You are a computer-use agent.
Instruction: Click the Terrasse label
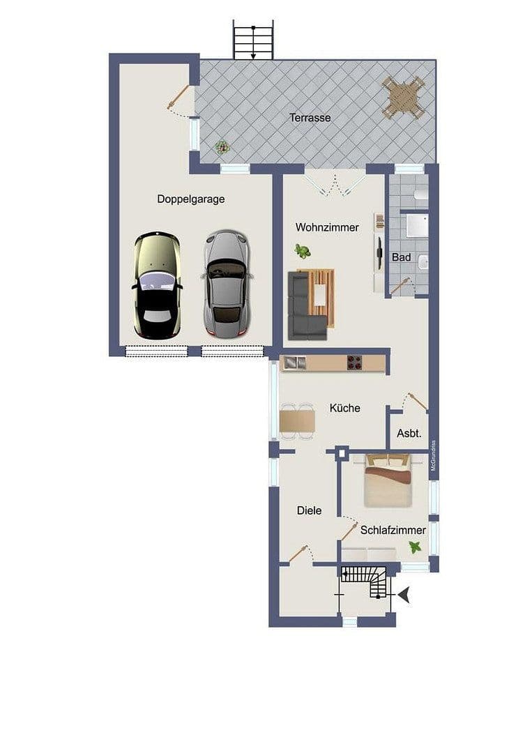coord(310,118)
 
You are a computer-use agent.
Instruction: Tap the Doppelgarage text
coord(190,199)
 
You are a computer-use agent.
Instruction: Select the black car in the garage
coord(157,286)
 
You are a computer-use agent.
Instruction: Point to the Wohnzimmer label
coord(327,227)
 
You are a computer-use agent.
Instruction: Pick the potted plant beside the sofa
coord(303,251)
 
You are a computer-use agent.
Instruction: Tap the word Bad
coord(401,257)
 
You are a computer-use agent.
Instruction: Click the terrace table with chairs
coord(403,96)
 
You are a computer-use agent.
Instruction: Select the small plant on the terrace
coord(222,147)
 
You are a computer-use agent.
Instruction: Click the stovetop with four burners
coord(355,363)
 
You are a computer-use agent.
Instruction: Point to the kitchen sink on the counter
coord(292,362)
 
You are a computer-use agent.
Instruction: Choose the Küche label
coord(345,408)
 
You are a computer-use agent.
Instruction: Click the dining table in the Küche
coord(297,421)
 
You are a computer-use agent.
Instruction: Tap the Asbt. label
coord(409,434)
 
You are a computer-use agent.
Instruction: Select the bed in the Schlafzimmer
coord(388,480)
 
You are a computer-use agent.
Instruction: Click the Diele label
coord(309,510)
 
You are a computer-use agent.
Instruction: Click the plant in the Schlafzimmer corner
coord(416,547)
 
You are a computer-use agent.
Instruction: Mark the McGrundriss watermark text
coord(433,456)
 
